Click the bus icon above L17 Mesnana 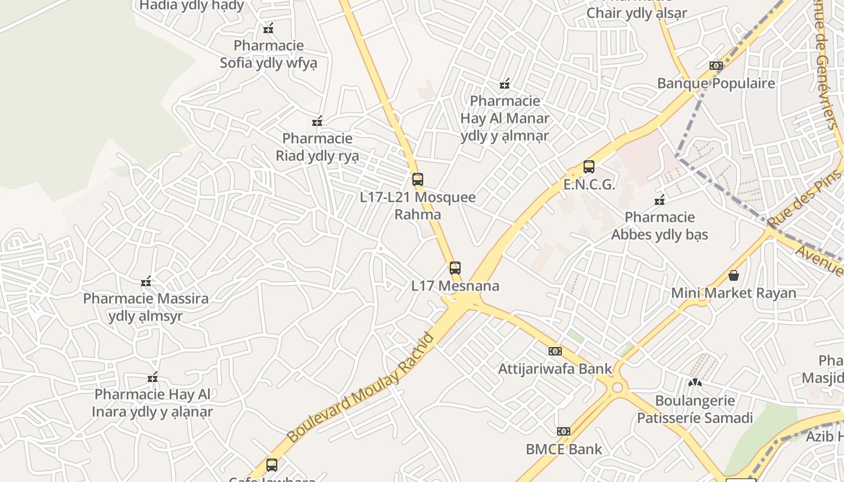pos(455,268)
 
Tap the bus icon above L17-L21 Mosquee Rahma pos(418,180)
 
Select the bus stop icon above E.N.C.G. pos(589,167)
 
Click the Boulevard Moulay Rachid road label pos(361,387)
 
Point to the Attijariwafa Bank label pos(555,369)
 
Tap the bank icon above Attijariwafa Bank pos(555,351)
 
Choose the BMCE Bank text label pos(564,449)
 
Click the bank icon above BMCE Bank pos(564,431)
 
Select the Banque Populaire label pos(716,83)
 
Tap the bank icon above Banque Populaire pos(716,66)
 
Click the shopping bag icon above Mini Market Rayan pos(734,275)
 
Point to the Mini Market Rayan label pos(734,293)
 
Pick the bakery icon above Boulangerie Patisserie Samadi pos(695,383)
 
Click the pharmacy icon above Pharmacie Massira pos(146,281)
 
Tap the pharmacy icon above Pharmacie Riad pos(317,122)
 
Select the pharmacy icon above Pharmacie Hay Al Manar pos(505,84)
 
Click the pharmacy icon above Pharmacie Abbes pos(660,200)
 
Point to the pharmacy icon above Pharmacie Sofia pos(268,28)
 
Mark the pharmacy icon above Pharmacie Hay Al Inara pos(153,378)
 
